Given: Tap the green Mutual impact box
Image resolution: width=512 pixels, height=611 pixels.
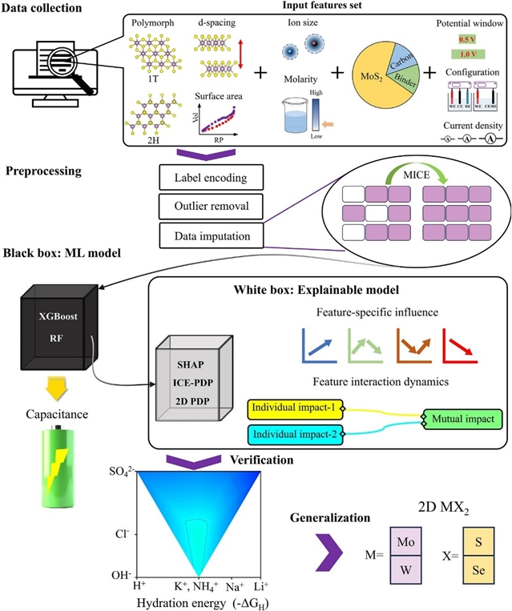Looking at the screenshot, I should pyautogui.click(x=463, y=419).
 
